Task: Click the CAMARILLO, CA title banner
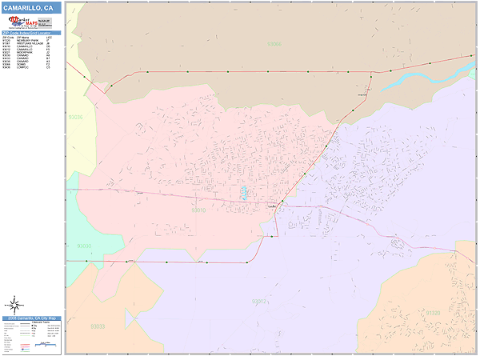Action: [30, 7]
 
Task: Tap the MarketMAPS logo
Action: [31, 22]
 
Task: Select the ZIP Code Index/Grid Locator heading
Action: [30, 33]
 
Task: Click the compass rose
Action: [14, 304]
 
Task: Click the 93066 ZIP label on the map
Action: [274, 45]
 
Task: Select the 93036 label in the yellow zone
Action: [75, 117]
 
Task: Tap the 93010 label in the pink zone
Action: [199, 210]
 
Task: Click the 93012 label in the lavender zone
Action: [259, 302]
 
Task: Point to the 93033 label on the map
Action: [98, 326]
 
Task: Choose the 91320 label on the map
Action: [432, 313]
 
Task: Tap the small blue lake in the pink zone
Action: [244, 192]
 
